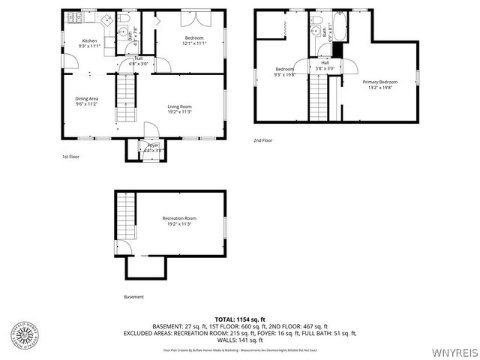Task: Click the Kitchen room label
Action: point(89,40)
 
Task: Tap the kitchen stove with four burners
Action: point(75,16)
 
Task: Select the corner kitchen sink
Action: point(106,19)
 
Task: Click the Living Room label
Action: point(179,106)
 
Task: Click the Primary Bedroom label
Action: point(379,82)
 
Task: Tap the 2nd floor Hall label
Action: point(325,62)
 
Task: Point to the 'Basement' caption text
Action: point(133,296)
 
